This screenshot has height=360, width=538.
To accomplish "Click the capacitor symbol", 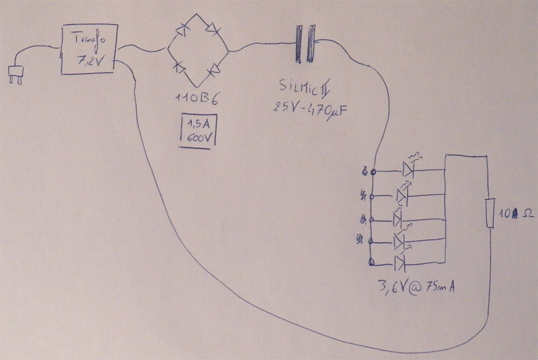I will [304, 44].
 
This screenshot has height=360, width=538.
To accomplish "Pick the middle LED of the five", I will [398, 220].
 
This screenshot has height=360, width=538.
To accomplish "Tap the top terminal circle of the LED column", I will [373, 172].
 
